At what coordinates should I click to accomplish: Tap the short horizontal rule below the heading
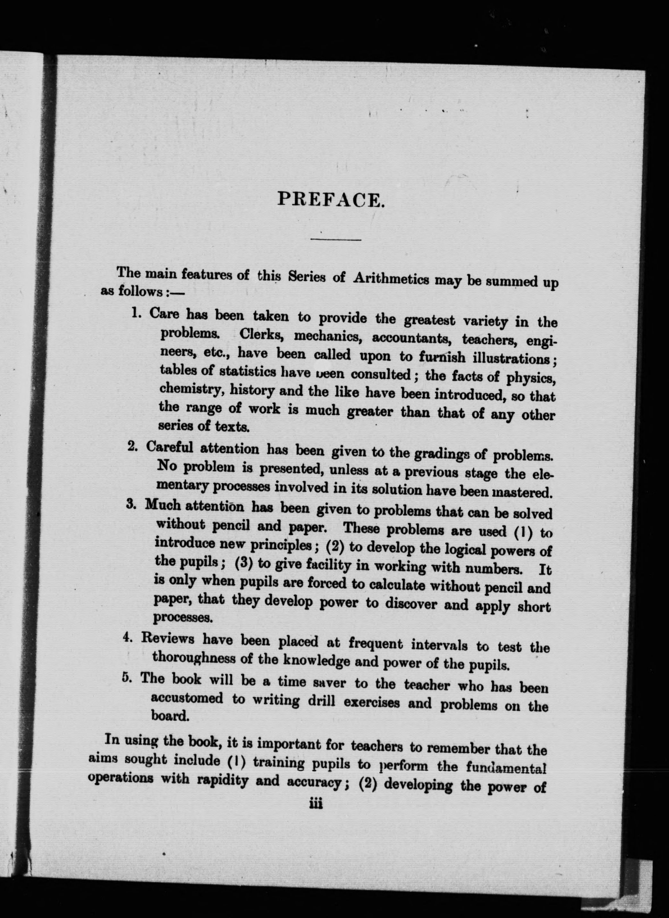coord(336,240)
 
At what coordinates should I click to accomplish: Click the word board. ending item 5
coord(170,716)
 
